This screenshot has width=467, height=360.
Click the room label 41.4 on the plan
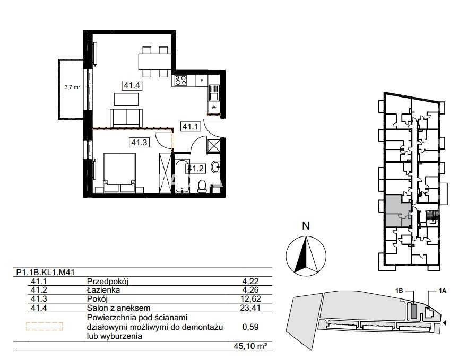[x=132, y=85]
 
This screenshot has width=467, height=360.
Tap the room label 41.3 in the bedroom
[x=140, y=143]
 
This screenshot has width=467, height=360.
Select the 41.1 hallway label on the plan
[x=190, y=126]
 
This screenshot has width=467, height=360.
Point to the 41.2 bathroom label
[x=195, y=169]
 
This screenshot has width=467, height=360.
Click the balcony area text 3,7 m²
[x=72, y=87]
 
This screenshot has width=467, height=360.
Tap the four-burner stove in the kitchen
[x=180, y=80]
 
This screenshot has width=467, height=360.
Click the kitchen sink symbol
[x=213, y=93]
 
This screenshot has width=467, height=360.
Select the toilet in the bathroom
[x=203, y=186]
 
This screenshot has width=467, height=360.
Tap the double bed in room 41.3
[x=119, y=172]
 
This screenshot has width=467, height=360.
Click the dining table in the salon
[x=154, y=62]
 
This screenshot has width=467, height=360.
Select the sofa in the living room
[x=126, y=118]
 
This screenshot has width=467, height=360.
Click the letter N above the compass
[x=306, y=226]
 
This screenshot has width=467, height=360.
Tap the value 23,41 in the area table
[x=250, y=308]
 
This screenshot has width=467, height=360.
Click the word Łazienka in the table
[x=103, y=290]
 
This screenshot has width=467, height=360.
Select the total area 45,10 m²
[x=250, y=346]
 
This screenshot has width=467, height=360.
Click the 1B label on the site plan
[x=399, y=291]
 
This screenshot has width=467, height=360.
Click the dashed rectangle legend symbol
[x=45, y=327]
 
